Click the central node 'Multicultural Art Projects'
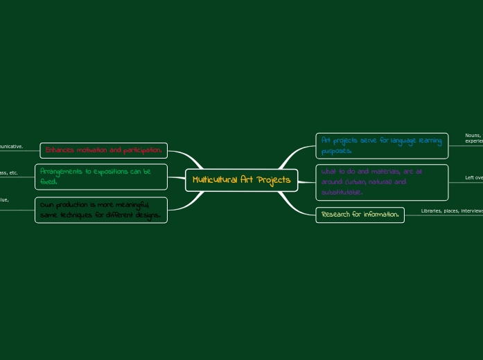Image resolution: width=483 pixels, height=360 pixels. tap(241, 180)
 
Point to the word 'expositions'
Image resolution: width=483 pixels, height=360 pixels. tap(116, 171)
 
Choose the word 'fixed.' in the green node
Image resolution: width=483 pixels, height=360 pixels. tap(49, 182)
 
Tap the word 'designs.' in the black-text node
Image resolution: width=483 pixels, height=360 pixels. tap(146, 215)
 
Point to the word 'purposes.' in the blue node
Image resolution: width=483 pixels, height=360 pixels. tap(337, 151)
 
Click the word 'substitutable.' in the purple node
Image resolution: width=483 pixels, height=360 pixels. tap(342, 192)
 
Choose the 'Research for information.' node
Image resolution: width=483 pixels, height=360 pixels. tap(360, 215)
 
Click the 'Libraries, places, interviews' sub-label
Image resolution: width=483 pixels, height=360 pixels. tap(451, 210)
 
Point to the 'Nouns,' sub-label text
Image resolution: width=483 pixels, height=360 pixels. tap(473, 136)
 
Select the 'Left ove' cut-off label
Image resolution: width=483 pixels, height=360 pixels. tap(474, 178)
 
